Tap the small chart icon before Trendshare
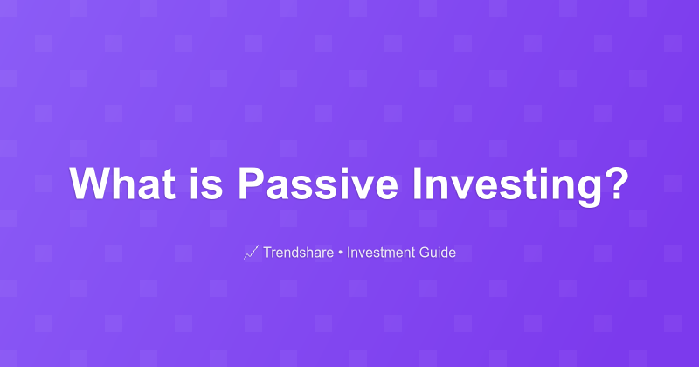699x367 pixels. pyautogui.click(x=251, y=253)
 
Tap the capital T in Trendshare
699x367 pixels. pyautogui.click(x=268, y=253)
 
